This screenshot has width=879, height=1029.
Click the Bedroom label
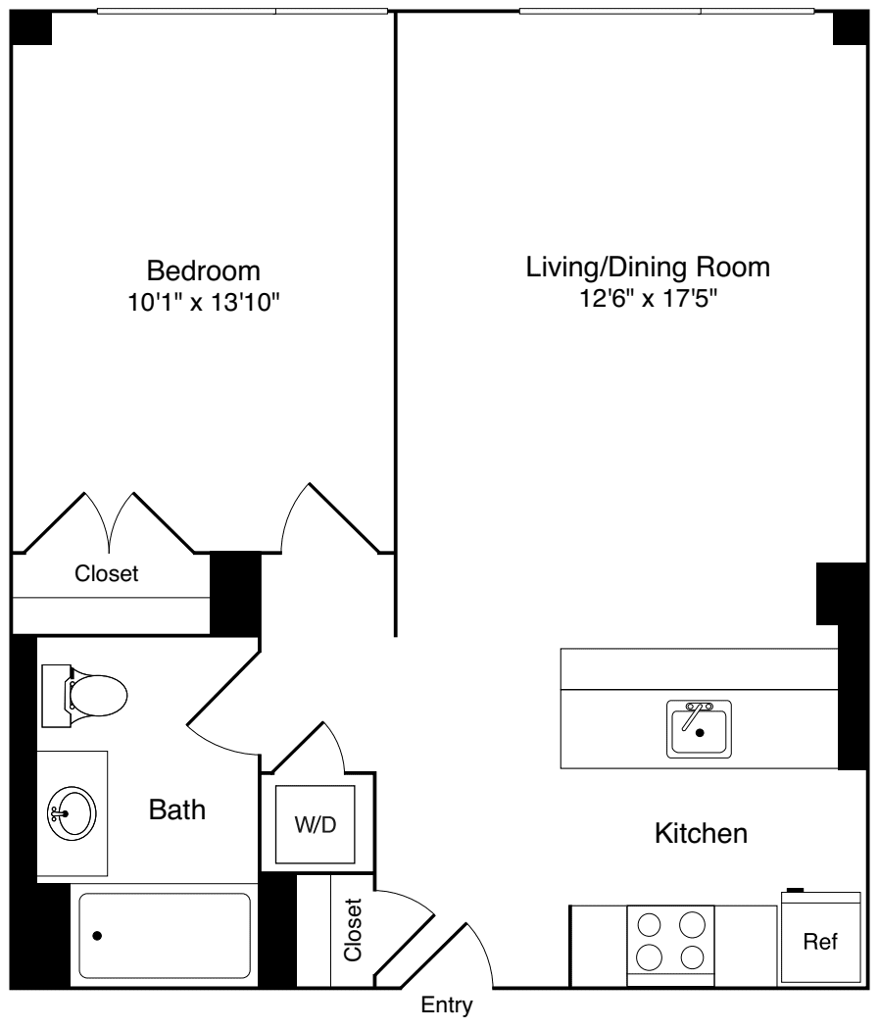(x=203, y=269)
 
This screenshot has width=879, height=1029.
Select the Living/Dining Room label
(x=648, y=267)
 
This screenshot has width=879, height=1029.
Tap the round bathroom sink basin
(x=72, y=812)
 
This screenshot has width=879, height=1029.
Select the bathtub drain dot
(x=97, y=936)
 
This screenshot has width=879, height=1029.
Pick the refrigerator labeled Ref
(x=820, y=941)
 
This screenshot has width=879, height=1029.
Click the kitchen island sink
(x=700, y=729)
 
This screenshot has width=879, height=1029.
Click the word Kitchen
(x=701, y=835)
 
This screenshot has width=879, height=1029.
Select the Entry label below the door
(x=446, y=1006)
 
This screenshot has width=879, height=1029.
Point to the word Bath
(x=177, y=809)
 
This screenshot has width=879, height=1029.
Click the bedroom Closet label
(x=107, y=574)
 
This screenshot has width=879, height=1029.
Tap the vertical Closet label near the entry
(x=353, y=929)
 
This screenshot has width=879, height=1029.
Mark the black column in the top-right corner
(x=850, y=28)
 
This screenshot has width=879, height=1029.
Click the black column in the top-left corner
(x=30, y=28)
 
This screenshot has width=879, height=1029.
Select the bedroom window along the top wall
(x=242, y=12)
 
